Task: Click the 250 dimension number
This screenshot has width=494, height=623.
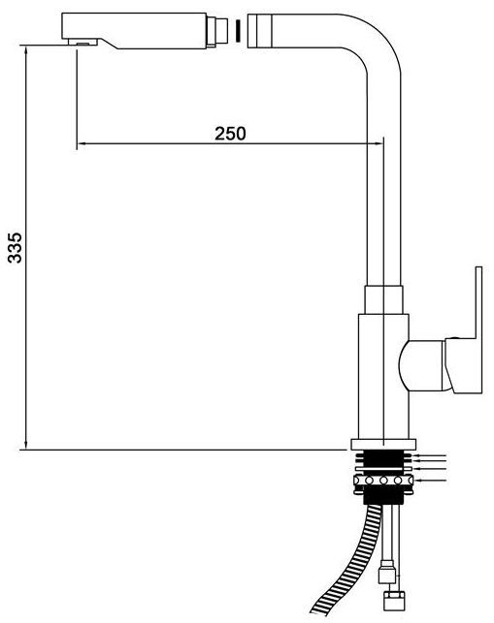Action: pyautogui.click(x=230, y=134)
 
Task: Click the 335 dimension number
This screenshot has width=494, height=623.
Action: pyautogui.click(x=16, y=247)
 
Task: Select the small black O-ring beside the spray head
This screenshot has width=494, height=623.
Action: pyautogui.click(x=238, y=31)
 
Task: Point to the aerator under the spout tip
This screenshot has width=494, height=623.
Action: pyautogui.click(x=82, y=42)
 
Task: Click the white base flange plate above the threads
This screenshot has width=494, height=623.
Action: pyautogui.click(x=383, y=444)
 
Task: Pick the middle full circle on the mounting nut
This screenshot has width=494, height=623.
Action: pyautogui.click(x=383, y=481)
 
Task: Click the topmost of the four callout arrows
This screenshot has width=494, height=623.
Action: pyautogui.click(x=430, y=455)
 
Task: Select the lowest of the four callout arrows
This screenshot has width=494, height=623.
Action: pyautogui.click(x=430, y=482)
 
